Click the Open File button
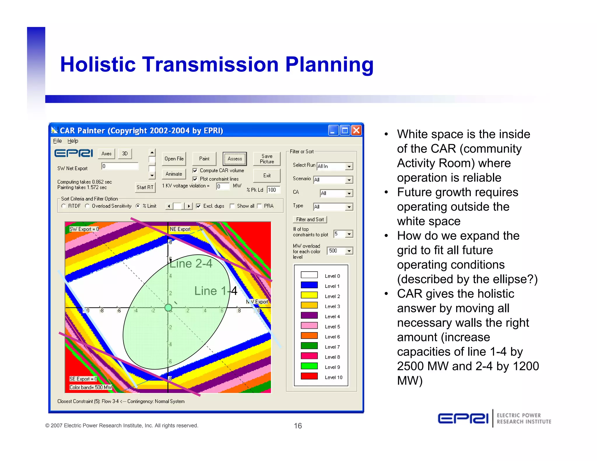click(174, 159)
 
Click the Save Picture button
click(267, 159)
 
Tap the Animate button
click(174, 174)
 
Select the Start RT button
click(145, 187)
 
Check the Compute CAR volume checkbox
click(195, 170)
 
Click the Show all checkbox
click(232, 206)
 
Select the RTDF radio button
click(64, 206)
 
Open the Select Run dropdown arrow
click(349, 166)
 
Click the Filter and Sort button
click(310, 219)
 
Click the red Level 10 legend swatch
click(309, 376)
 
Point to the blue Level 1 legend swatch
click(309, 285)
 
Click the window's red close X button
click(356, 130)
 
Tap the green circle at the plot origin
click(168, 307)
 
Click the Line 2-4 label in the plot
click(191, 264)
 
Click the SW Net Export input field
click(120, 166)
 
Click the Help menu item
click(73, 141)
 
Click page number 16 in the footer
click(298, 426)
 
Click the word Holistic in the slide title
click(98, 64)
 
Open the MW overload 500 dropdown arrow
click(349, 251)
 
